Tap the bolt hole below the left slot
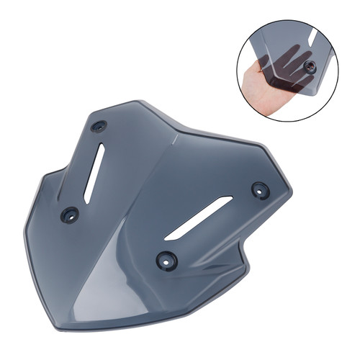pyautogui.click(x=70, y=213)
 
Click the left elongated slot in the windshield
pyautogui.click(x=94, y=173)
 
